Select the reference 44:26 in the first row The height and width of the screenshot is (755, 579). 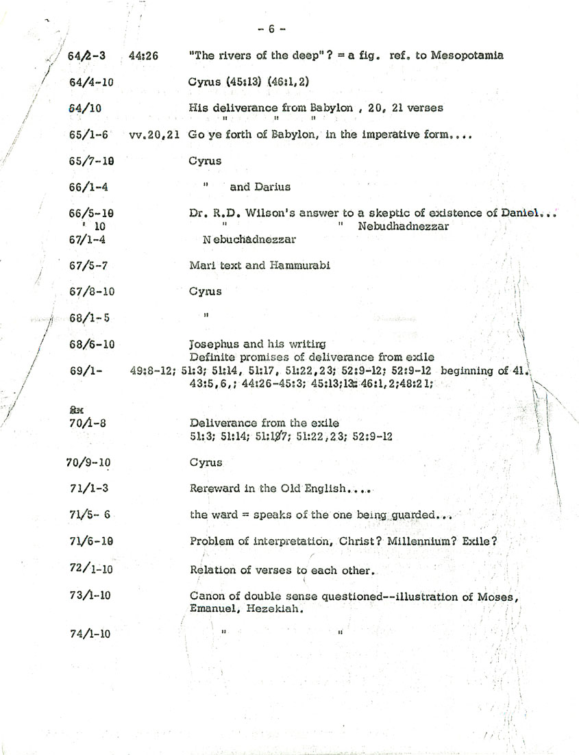pos(143,55)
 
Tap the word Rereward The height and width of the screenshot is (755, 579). pos(214,488)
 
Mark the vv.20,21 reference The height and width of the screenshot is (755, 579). pos(153,135)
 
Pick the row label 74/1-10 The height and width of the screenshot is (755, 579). pos(90,634)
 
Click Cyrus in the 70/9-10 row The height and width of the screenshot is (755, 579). pos(206,462)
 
